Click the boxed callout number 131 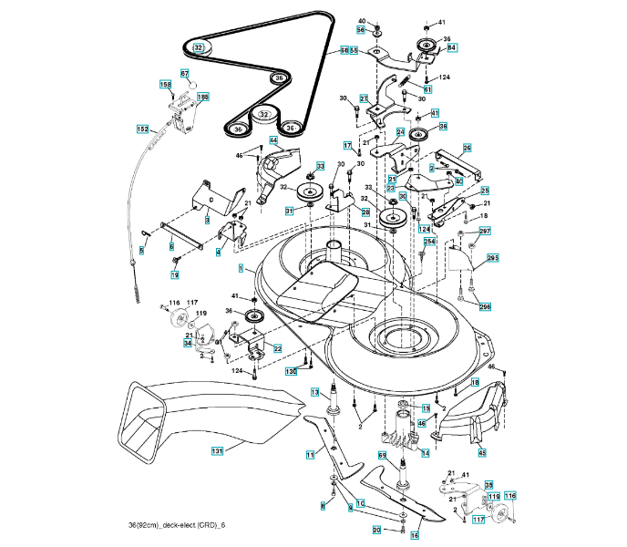217,450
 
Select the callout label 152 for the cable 142,130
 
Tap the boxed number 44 272,140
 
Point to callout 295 492,259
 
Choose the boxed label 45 482,452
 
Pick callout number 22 277,348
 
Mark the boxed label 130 292,372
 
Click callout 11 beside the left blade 311,454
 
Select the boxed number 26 468,148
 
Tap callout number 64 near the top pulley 452,47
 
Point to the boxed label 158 166,85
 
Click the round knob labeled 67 191,86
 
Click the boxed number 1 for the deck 241,269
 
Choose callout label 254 429,241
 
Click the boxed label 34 188,344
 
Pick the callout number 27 363,98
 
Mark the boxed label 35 488,485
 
